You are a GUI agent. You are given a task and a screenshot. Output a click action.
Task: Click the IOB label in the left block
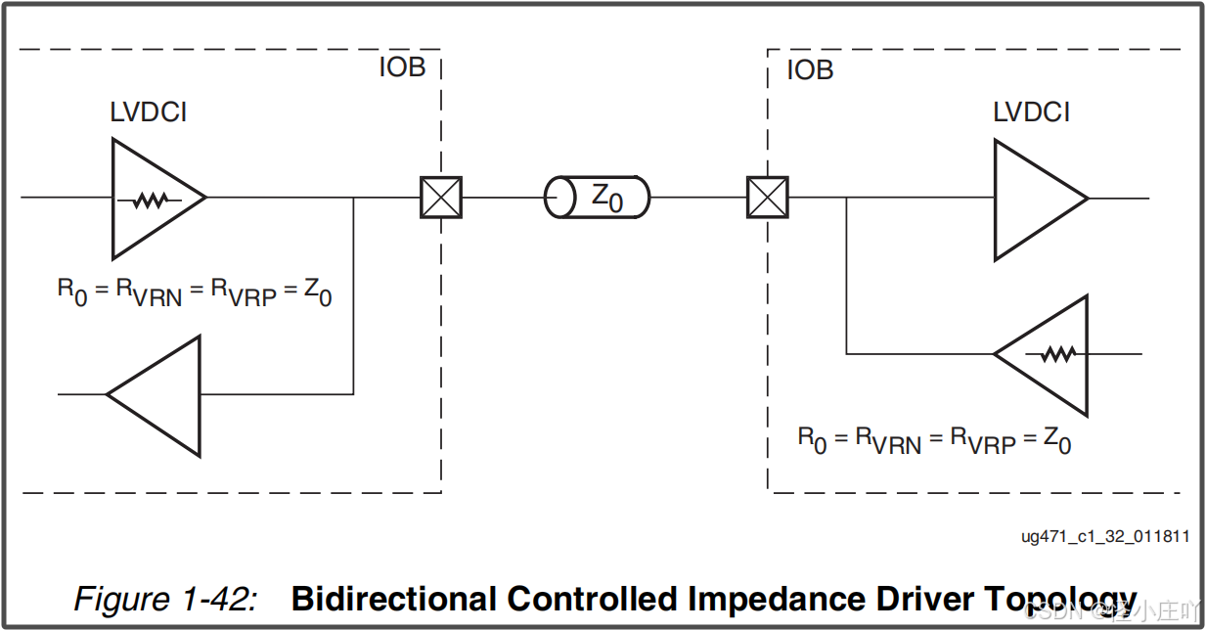[x=402, y=69]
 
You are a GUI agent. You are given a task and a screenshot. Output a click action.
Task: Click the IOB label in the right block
[x=810, y=70]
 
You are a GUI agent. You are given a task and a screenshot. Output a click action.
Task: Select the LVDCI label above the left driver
[x=148, y=112]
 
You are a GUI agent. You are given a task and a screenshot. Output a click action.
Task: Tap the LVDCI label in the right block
[x=1031, y=112]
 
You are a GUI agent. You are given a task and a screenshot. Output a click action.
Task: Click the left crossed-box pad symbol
[x=441, y=198]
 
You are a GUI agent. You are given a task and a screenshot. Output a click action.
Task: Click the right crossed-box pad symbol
[x=768, y=198]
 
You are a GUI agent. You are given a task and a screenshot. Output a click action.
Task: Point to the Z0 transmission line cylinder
[x=597, y=198]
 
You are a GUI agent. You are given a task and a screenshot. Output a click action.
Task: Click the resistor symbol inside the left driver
[x=150, y=200]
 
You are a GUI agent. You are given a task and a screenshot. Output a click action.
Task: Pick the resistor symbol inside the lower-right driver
[x=1057, y=354]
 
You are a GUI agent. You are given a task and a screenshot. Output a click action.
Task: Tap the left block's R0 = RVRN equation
[x=195, y=292]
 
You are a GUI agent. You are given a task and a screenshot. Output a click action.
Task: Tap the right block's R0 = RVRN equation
[x=934, y=440]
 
